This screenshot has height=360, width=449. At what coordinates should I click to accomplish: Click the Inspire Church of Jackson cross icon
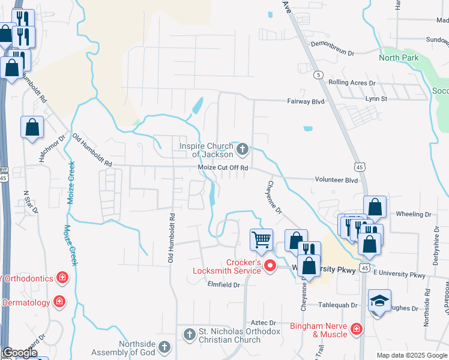point(243,149)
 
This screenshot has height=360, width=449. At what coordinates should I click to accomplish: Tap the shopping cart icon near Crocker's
point(262,239)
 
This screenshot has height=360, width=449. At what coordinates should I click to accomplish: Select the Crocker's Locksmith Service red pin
point(270,265)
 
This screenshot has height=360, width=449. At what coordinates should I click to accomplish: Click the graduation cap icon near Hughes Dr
point(379,300)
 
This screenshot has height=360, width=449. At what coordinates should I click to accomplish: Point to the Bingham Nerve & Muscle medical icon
point(356,328)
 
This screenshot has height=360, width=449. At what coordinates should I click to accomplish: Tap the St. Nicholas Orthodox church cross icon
point(189,334)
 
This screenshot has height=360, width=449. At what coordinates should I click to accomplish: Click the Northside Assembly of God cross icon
point(164,347)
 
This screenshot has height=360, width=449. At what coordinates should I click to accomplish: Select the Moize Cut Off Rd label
point(223,168)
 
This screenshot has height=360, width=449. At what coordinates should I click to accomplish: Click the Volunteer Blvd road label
point(336,179)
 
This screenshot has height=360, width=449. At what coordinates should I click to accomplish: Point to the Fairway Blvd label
point(306,102)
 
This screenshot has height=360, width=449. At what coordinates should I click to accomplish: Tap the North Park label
point(399,58)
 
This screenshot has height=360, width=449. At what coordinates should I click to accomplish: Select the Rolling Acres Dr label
point(352,83)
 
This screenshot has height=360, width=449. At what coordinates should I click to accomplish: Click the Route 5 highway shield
point(318,74)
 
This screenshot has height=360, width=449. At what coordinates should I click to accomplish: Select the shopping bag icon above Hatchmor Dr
point(32,127)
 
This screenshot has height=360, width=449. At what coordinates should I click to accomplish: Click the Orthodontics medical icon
point(61,277)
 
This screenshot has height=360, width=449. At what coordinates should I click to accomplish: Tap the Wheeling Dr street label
point(414,214)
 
